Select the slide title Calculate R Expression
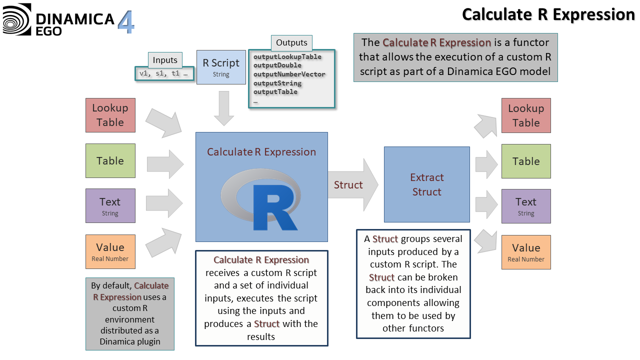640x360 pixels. click(x=548, y=14)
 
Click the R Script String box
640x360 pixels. click(x=221, y=67)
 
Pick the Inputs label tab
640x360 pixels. click(x=165, y=60)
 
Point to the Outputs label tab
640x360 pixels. click(x=292, y=43)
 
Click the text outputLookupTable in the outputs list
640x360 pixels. click(x=287, y=56)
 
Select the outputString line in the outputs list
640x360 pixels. click(x=277, y=83)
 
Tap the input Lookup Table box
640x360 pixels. click(x=110, y=115)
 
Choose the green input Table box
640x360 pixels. click(x=110, y=161)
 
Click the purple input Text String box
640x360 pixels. click(x=110, y=205)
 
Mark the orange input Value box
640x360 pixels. click(x=110, y=251)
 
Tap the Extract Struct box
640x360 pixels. click(x=426, y=184)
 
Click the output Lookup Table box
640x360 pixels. click(x=526, y=115)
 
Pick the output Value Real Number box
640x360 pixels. click(x=526, y=252)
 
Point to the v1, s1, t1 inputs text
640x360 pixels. click(x=164, y=73)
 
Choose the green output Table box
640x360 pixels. click(x=526, y=161)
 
